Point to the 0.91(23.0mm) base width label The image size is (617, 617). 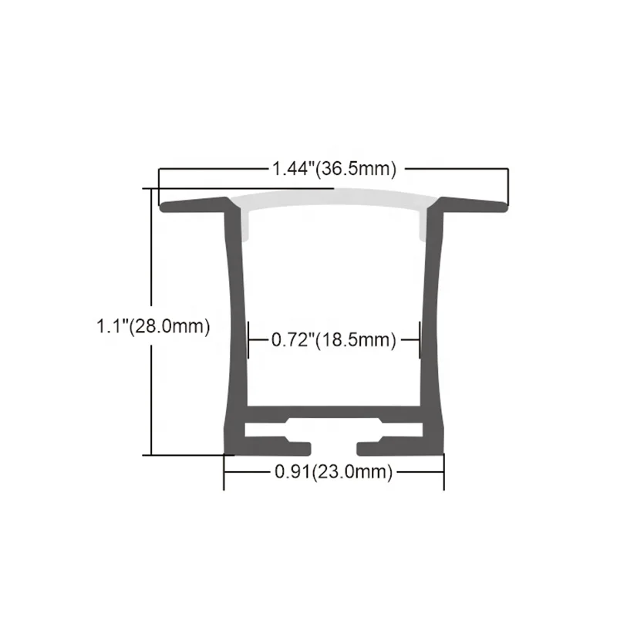333,471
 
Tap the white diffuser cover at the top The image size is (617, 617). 333,200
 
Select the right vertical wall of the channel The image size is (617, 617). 434,324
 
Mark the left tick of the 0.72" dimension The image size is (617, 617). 248,339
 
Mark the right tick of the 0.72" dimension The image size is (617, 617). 419,339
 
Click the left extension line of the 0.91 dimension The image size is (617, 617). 224,472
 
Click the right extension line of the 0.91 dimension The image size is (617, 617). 443,472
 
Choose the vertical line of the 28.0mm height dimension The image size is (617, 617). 151,386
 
